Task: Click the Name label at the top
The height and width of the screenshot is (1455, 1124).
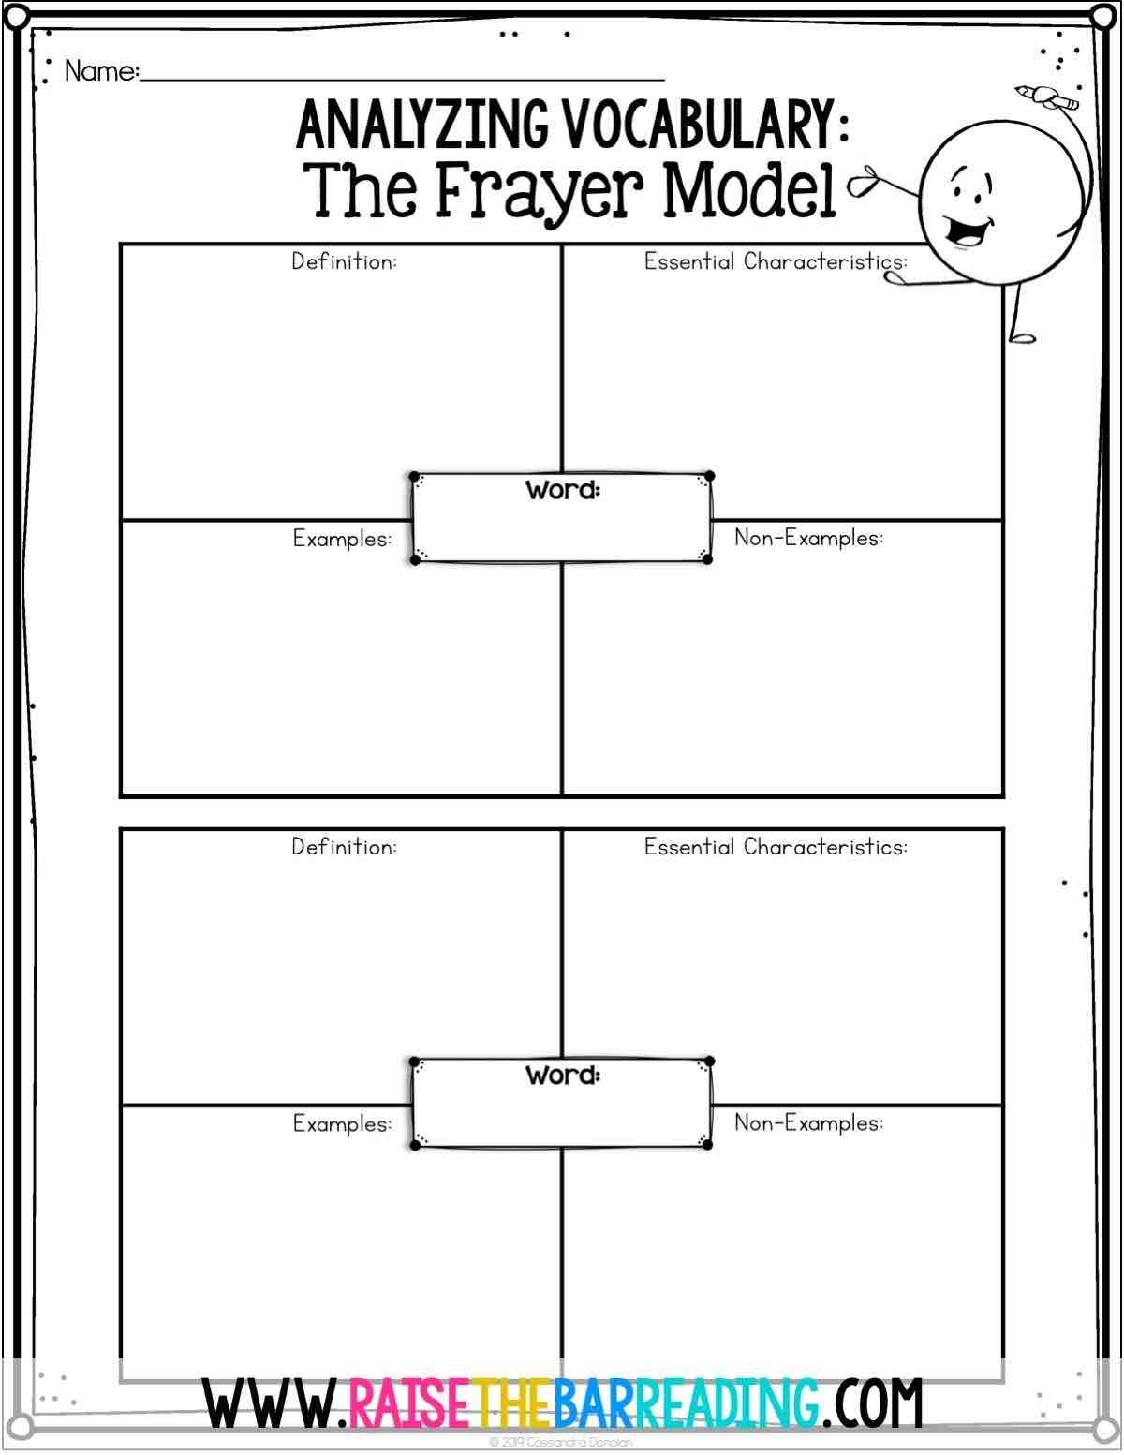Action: coord(101,71)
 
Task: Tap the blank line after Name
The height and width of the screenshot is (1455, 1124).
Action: coord(403,77)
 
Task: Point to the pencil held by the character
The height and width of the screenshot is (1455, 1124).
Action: coord(1046,94)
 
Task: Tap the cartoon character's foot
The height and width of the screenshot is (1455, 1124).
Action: coord(1021,335)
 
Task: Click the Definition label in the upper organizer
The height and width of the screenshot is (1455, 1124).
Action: coord(344,261)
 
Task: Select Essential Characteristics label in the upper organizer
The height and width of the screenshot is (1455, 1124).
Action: coord(776,261)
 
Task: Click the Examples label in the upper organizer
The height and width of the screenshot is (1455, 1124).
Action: coord(342,539)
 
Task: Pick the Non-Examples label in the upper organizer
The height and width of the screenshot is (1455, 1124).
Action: coord(808,538)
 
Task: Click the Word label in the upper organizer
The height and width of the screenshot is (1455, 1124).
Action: coord(562,490)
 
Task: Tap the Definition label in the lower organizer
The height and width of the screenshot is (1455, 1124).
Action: coord(344,847)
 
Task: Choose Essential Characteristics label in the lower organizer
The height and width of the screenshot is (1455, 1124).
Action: coord(776,847)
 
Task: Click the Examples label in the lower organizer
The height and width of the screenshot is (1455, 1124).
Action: coord(342,1123)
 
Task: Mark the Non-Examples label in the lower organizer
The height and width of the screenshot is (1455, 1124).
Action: coord(808,1122)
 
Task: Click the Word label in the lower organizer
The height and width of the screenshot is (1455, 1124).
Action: coord(562,1075)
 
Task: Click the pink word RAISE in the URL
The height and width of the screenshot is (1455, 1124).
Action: coord(406,1403)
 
